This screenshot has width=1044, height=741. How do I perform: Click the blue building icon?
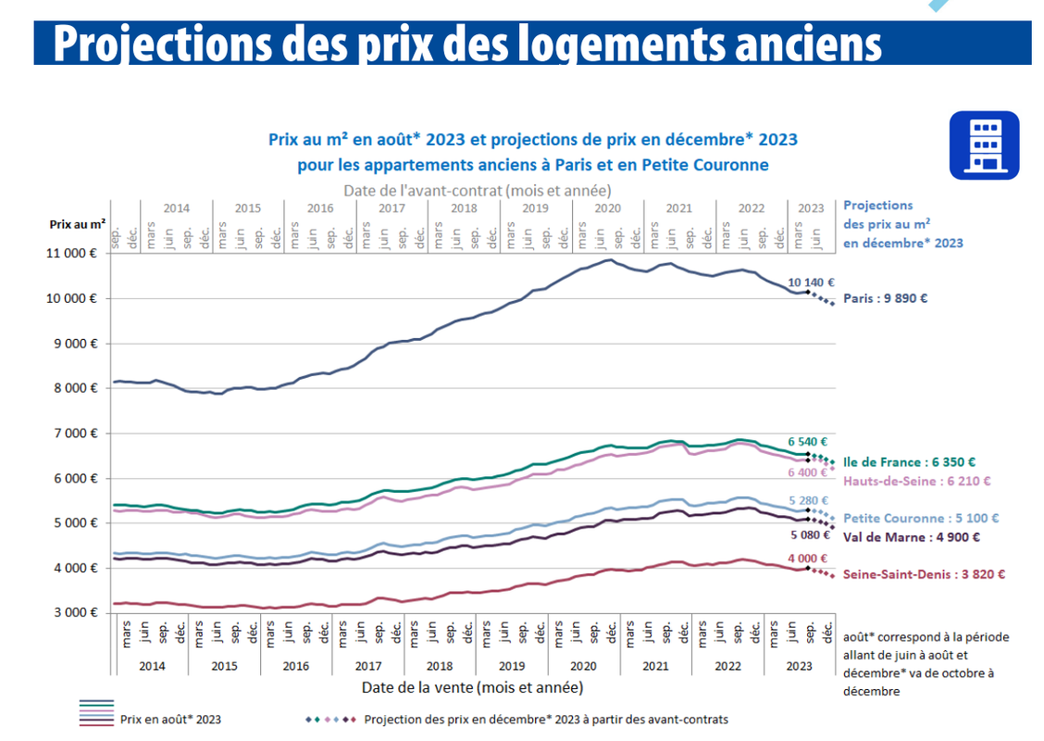click(x=984, y=145)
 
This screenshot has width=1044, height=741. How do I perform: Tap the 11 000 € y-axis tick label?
click(x=75, y=253)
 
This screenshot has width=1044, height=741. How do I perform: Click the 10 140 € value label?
click(x=812, y=282)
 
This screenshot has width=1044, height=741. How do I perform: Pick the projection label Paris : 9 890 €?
click(x=885, y=298)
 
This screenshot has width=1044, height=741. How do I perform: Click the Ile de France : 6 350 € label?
click(x=910, y=461)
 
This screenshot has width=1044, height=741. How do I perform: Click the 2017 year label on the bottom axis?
click(x=367, y=665)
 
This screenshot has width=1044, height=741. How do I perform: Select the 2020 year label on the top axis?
click(x=607, y=207)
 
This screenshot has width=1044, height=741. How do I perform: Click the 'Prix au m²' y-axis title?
click(x=78, y=224)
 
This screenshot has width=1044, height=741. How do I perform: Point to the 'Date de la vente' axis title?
click(x=472, y=687)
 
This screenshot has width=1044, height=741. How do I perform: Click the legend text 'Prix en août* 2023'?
click(x=170, y=719)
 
